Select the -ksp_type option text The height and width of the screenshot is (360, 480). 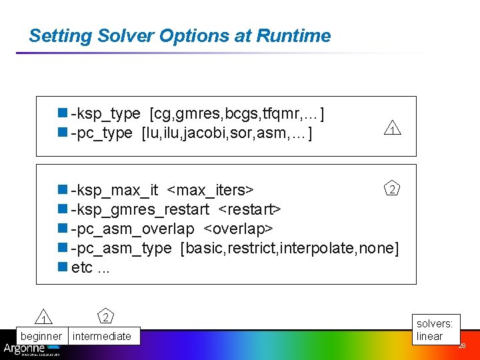tap(105, 114)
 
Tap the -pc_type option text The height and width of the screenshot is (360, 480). tap(101, 133)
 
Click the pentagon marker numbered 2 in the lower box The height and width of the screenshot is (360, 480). tap(393, 189)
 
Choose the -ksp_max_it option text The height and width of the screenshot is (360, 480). tap(114, 191)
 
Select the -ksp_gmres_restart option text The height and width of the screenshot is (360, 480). tap(140, 210)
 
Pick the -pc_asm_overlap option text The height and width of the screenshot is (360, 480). tap(133, 229)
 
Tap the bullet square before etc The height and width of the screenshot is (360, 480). tap(63, 267)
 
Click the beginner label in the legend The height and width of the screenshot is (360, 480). tap(41, 336)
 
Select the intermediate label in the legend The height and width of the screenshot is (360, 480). tap(102, 336)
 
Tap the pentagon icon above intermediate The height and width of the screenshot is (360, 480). tap(105, 315)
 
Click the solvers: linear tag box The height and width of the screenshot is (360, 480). tap(435, 329)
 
